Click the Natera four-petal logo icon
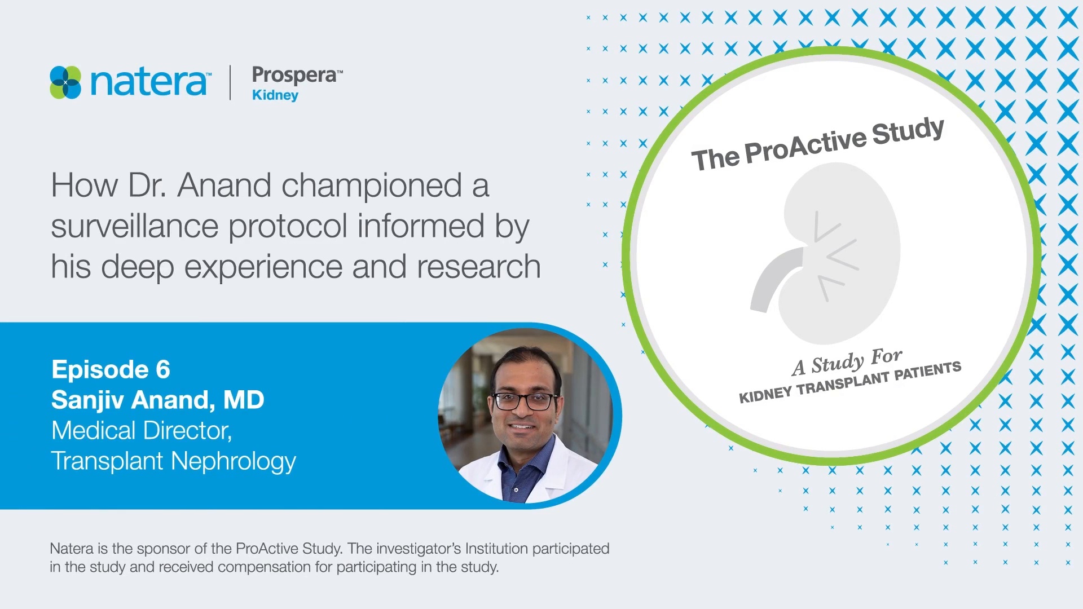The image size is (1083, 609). point(65,82)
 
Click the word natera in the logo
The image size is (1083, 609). point(148,82)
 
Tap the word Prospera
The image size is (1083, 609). point(294,75)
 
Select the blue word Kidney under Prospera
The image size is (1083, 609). point(275,95)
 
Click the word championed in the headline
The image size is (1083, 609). point(372,185)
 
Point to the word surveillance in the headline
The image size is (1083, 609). point(134,226)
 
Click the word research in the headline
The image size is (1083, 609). point(478,267)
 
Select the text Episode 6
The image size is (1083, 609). point(111,369)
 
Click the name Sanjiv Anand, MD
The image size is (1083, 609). point(157,400)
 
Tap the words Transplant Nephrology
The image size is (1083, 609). point(173,461)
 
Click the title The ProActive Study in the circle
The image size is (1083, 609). point(817,144)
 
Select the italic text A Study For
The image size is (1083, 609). point(847,361)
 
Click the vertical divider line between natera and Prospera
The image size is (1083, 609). point(230,82)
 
